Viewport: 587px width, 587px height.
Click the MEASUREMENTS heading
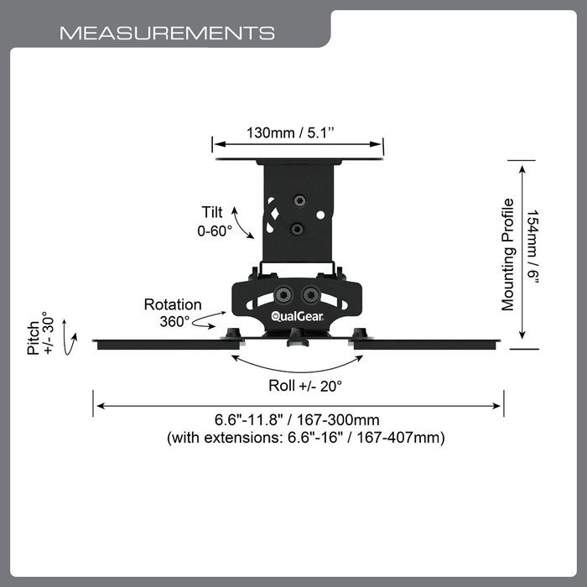pos(167,33)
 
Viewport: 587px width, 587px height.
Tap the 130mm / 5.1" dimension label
pos(290,132)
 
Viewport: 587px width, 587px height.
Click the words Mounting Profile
pos(508,255)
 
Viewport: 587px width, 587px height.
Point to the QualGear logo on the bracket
pos(297,317)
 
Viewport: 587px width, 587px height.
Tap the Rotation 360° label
pos(173,313)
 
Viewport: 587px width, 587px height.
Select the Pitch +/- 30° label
pos(40,333)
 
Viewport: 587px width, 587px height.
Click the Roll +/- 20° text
pos(305,386)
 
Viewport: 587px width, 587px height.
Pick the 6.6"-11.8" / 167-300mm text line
pos(297,419)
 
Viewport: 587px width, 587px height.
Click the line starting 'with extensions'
pos(306,437)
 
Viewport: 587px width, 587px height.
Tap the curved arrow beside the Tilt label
pos(241,222)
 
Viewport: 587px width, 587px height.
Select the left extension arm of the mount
pos(168,345)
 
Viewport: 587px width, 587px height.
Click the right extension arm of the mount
pos(425,345)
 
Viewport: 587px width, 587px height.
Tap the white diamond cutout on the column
pos(275,214)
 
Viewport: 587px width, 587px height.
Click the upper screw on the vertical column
pos(299,200)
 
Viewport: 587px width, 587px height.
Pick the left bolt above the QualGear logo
pos(283,295)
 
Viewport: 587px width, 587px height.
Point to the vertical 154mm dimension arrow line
pos(522,252)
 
